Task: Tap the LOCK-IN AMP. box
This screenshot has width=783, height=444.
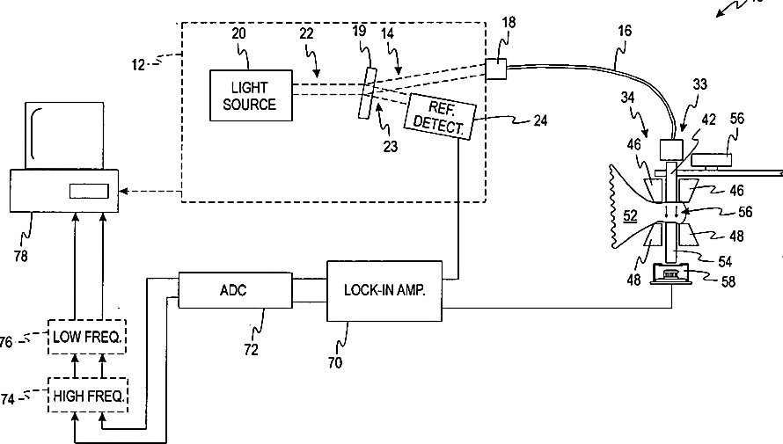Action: [x=384, y=290]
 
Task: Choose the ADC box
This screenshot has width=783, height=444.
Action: [x=234, y=290]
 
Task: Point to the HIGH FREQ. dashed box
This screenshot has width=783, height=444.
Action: [x=87, y=397]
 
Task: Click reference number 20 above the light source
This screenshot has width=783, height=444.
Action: [x=239, y=33]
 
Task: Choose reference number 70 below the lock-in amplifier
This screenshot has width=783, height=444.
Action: [x=335, y=360]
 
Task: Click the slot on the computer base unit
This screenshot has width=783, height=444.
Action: [x=88, y=190]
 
